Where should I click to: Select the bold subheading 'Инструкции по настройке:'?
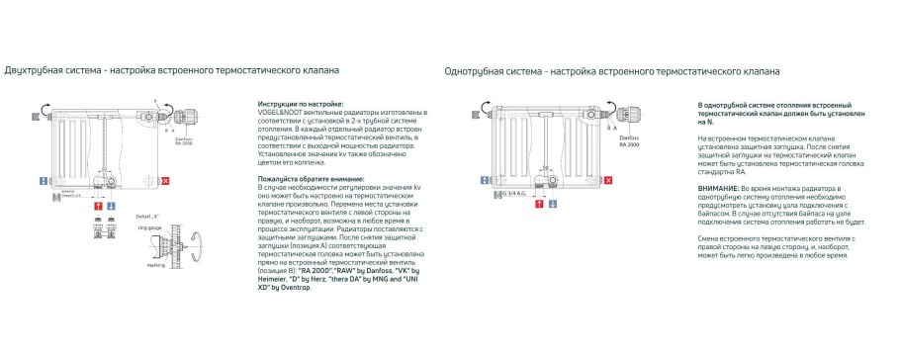click(x=300, y=103)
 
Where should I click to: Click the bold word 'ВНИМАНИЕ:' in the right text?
click(x=718, y=187)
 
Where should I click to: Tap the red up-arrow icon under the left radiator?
click(x=97, y=204)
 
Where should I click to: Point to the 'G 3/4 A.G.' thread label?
click(x=514, y=193)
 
